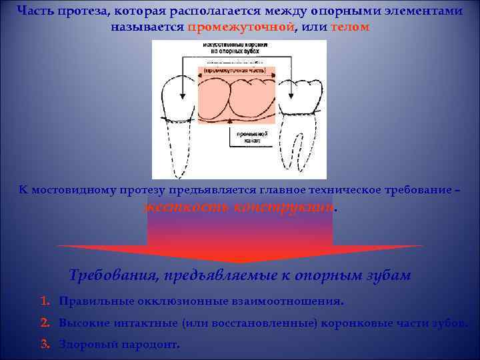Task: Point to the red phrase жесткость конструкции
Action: point(240,207)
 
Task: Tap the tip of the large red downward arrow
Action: point(240,262)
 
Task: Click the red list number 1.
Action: point(45,301)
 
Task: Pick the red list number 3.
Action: point(45,345)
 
